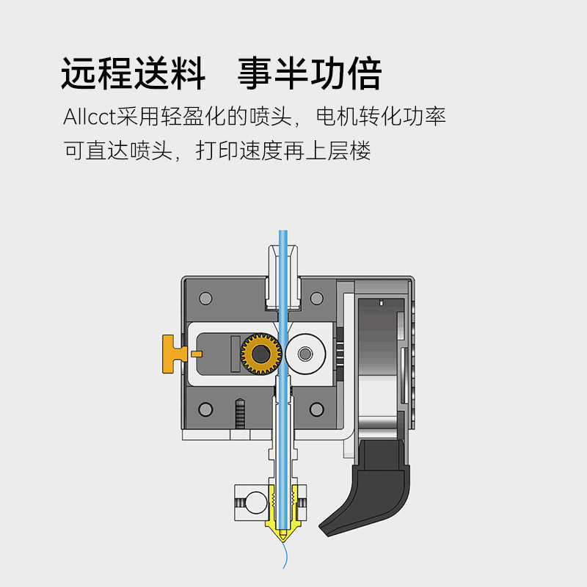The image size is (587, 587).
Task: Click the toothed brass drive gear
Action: pyautogui.click(x=260, y=354)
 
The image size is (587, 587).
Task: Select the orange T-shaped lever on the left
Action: pyautogui.click(x=174, y=352)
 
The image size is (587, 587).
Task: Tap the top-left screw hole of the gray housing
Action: pyautogui.click(x=205, y=299)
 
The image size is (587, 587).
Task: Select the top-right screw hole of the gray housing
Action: pyautogui.click(x=317, y=299)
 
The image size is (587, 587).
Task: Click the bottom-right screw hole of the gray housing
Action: pyautogui.click(x=317, y=409)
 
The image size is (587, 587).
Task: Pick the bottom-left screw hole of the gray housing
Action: pyautogui.click(x=205, y=409)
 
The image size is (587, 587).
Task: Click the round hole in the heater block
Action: pyautogui.click(x=252, y=503)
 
